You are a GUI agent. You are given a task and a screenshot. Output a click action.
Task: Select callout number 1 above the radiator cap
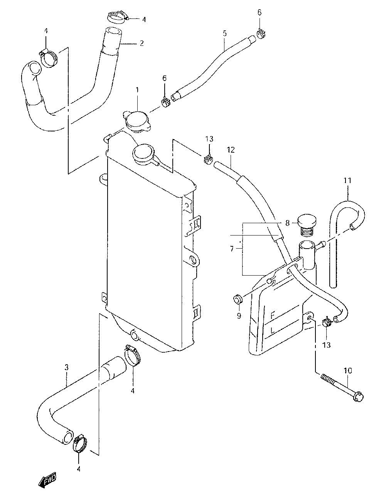click(x=137, y=90)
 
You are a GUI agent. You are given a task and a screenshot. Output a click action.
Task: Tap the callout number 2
click(x=142, y=43)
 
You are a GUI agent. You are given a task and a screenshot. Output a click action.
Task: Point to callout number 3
click(x=66, y=367)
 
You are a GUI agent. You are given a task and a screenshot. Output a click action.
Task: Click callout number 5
click(x=225, y=34)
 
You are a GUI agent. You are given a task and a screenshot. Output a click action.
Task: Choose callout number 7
click(x=232, y=249)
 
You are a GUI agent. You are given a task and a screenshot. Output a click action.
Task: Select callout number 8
click(x=287, y=223)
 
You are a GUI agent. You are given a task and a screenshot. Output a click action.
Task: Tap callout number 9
click(x=239, y=316)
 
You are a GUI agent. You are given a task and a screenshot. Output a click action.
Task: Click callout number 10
click(x=348, y=370)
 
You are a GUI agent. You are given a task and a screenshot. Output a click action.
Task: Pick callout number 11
click(x=347, y=180)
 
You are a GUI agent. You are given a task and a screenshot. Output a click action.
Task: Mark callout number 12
click(x=231, y=150)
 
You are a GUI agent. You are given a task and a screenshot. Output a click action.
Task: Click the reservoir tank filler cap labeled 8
click(x=307, y=226)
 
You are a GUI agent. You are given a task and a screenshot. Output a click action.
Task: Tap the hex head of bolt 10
click(x=358, y=397)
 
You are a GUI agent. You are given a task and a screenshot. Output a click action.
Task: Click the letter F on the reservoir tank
click(x=273, y=316)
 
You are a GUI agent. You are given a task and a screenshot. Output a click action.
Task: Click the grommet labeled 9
click(x=238, y=299)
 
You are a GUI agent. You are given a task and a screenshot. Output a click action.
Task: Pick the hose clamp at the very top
click(x=117, y=18)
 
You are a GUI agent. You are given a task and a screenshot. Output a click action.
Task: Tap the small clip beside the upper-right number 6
click(x=261, y=33)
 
